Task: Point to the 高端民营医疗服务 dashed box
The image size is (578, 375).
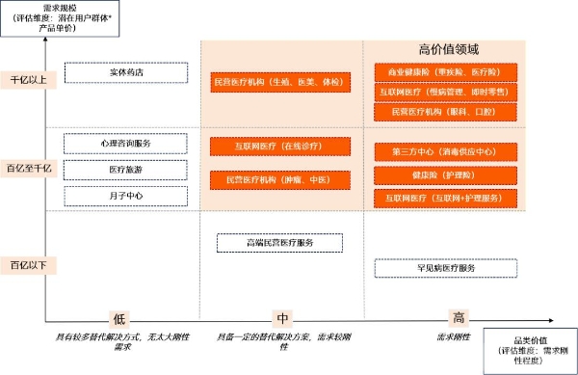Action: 279,242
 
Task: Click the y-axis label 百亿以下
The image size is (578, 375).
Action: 27,264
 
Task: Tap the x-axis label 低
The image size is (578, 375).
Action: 118,319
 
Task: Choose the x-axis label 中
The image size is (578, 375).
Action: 282,319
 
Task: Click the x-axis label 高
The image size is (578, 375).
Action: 460,319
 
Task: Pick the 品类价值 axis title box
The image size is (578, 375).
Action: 531,350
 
